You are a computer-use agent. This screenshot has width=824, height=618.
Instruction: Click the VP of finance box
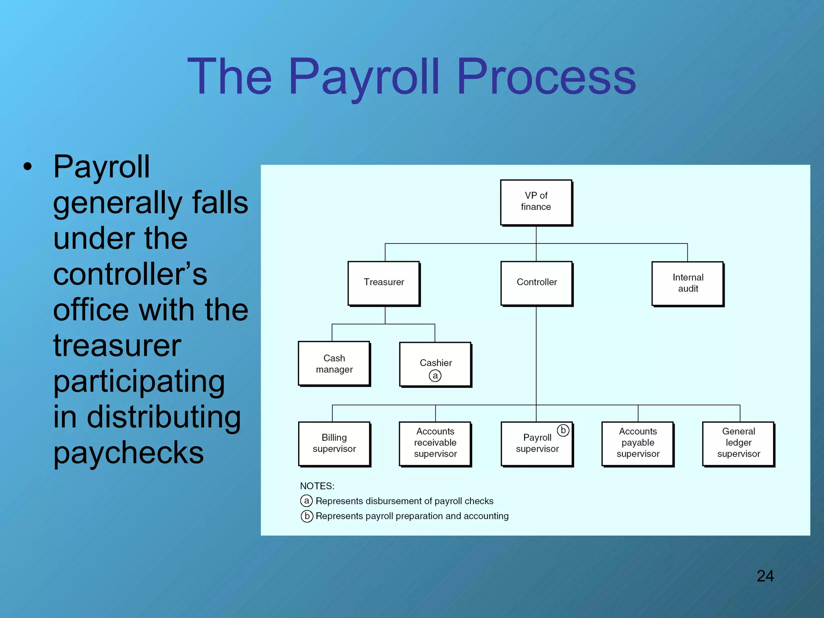tap(536, 202)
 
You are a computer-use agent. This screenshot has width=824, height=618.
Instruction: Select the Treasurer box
tap(384, 283)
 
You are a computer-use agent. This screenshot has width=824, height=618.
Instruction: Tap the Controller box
tap(536, 283)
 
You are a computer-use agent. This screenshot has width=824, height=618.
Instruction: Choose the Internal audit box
tap(688, 283)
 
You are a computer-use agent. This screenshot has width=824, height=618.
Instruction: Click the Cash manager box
tap(334, 364)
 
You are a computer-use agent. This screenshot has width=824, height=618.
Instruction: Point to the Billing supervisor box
tap(334, 443)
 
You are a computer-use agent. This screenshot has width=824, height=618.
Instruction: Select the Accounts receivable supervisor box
tap(435, 443)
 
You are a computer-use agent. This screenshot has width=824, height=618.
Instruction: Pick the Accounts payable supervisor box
tap(638, 443)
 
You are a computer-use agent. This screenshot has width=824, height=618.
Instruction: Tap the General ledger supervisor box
tap(738, 443)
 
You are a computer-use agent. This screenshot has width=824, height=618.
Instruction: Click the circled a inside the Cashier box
tap(435, 376)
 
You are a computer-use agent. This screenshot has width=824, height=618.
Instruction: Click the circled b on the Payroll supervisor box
tap(563, 431)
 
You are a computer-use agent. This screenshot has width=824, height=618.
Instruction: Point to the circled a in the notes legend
tap(307, 501)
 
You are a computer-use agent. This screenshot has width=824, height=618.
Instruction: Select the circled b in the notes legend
tap(307, 516)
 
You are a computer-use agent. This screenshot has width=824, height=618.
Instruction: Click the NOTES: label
tap(317, 486)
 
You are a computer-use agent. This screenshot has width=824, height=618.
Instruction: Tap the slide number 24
tap(765, 576)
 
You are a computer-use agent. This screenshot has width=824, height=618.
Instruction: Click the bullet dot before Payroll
tap(27, 167)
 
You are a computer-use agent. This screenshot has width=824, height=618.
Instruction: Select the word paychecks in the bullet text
tap(128, 453)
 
